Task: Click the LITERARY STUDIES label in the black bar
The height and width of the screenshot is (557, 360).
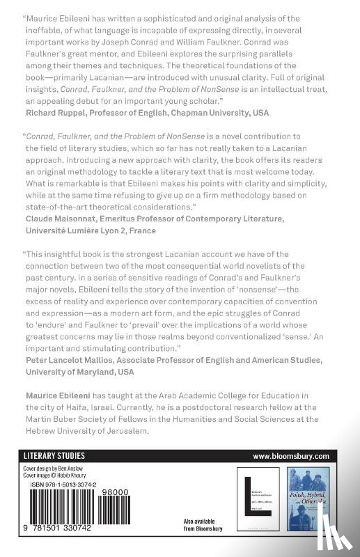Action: pyautogui.click(x=54, y=455)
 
